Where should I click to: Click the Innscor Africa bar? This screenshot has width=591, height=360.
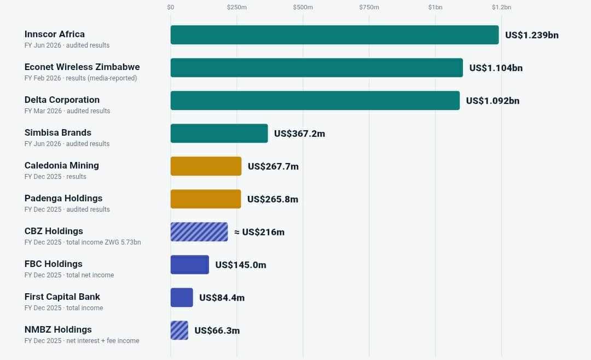pyautogui.click(x=335, y=34)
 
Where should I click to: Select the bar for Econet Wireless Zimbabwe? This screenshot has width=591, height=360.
pyautogui.click(x=317, y=67)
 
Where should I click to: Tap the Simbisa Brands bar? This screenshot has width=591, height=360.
pyautogui.click(x=219, y=133)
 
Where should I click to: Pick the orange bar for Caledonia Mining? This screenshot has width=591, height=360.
pyautogui.click(x=206, y=166)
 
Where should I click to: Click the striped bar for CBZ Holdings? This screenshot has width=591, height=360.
pyautogui.click(x=199, y=231)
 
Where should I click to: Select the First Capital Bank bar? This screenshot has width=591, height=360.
pyautogui.click(x=182, y=297)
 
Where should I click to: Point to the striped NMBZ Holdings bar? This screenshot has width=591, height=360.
pyautogui.click(x=179, y=330)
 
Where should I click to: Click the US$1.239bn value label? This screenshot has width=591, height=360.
pyautogui.click(x=532, y=35)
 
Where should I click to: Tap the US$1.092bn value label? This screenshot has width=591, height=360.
pyautogui.click(x=493, y=101)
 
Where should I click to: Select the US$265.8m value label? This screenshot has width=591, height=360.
pyautogui.click(x=273, y=199)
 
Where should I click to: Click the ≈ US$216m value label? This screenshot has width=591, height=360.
pyautogui.click(x=259, y=232)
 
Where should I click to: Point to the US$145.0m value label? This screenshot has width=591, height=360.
pyautogui.click(x=240, y=265)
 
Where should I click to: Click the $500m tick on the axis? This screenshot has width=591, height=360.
pyautogui.click(x=303, y=7)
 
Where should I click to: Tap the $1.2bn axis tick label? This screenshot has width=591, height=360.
pyautogui.click(x=502, y=7)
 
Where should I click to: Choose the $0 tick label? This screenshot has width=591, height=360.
pyautogui.click(x=171, y=7)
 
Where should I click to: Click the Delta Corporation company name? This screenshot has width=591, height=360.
pyautogui.click(x=62, y=100)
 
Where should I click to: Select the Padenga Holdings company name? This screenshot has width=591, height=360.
pyautogui.click(x=63, y=198)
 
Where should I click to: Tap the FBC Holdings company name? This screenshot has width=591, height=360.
pyautogui.click(x=54, y=264)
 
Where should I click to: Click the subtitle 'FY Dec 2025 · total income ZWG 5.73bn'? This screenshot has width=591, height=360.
pyautogui.click(x=83, y=242)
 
